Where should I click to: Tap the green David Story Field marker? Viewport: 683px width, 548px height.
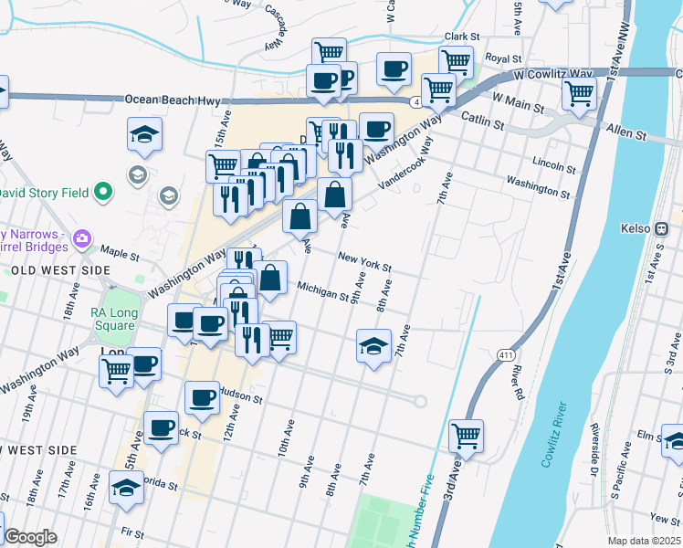[103, 193]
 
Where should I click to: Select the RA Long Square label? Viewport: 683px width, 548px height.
[114, 320]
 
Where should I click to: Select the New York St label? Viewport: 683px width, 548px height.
[364, 262]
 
